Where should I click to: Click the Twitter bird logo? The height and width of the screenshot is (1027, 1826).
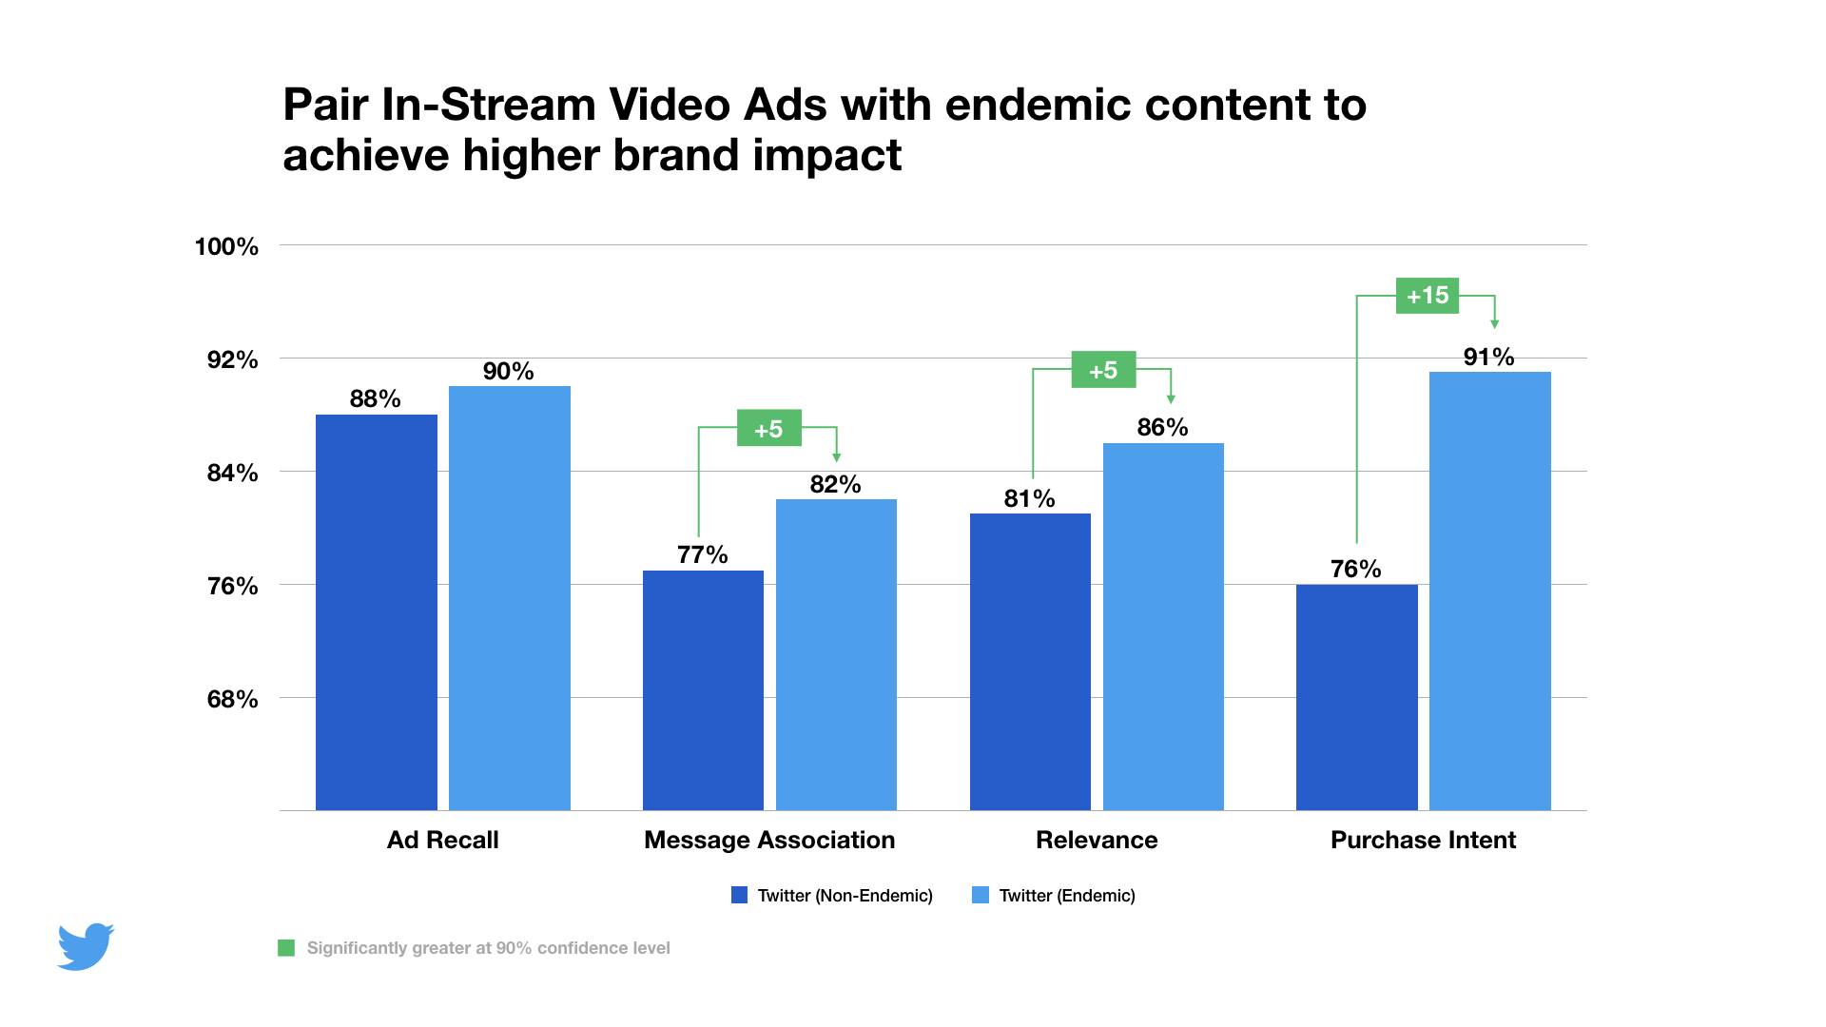point(86,946)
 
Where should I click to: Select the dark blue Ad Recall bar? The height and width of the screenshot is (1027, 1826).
point(376,612)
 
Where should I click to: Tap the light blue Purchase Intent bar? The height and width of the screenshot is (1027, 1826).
point(1489,591)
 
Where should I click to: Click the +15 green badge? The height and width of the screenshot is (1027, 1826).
point(1427,296)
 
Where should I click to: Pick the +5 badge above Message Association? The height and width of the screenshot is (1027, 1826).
point(768,428)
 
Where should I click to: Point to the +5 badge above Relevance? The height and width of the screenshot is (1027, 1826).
point(1103,370)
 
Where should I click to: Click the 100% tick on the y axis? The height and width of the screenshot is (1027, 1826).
point(226,246)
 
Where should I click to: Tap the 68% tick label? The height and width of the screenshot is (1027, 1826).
point(232,699)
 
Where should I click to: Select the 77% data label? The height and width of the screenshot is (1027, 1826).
point(702,554)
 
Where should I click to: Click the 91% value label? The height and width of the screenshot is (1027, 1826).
point(1488,357)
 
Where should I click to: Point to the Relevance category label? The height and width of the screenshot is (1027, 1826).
point(1097,840)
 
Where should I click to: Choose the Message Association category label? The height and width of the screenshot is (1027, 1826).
point(769,840)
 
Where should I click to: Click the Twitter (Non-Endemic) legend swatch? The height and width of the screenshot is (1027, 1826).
point(739,895)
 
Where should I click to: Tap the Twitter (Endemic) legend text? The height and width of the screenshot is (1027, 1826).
point(1066,895)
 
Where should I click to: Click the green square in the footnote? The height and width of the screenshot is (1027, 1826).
point(286,948)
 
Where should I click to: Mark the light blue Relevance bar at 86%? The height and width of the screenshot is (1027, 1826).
point(1163,627)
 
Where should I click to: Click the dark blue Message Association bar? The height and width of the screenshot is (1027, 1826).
point(703,690)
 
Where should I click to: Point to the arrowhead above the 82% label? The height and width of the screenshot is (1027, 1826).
point(836,457)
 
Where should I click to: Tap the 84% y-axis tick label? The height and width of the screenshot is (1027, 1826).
point(232,473)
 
